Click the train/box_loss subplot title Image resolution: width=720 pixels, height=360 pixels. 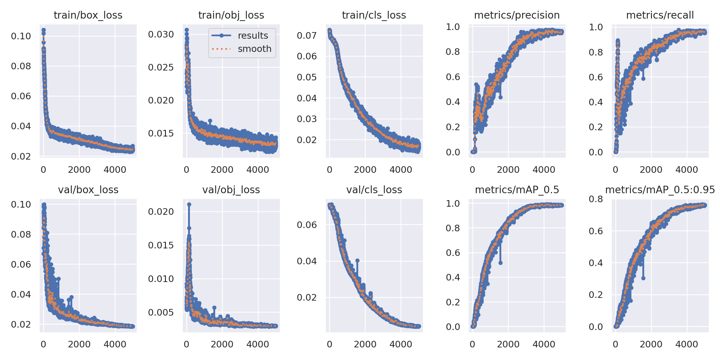point(88,15)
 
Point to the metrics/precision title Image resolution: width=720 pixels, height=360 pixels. point(517,15)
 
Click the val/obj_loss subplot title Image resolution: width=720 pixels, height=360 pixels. point(231,190)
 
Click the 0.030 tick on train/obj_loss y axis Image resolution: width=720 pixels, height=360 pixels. point(161,34)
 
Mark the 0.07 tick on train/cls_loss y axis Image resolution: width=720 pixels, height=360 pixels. point(307,35)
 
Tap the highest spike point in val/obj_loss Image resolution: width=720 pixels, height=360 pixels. point(189,204)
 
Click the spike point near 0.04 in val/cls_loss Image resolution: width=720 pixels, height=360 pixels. point(357,261)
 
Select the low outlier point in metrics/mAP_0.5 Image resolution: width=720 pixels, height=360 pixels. point(500,263)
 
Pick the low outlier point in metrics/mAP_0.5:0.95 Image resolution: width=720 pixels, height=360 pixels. point(643,278)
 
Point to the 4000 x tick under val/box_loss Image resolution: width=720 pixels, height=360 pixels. point(115,344)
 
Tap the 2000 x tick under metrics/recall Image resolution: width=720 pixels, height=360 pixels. point(651,169)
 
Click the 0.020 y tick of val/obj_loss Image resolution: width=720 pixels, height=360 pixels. point(161,211)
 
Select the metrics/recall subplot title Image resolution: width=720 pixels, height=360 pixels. point(660,15)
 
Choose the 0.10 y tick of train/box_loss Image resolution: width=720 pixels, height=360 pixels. point(21,36)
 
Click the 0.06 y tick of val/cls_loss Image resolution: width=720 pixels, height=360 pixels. point(307,225)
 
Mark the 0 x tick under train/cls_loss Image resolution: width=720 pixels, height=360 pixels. point(329,169)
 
